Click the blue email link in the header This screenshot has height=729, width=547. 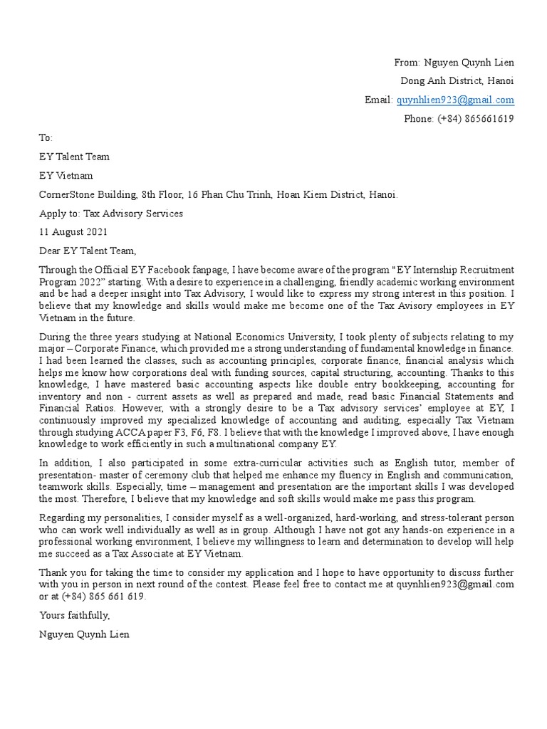click(455, 100)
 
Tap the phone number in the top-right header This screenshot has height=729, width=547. click(459, 119)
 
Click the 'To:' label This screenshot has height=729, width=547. click(46, 138)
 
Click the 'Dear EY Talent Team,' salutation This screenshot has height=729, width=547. click(86, 251)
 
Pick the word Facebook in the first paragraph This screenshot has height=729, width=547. click(168, 270)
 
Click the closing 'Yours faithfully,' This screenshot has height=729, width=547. click(75, 615)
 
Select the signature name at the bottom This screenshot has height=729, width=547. click(84, 634)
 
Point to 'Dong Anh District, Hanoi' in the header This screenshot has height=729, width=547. click(457, 81)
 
